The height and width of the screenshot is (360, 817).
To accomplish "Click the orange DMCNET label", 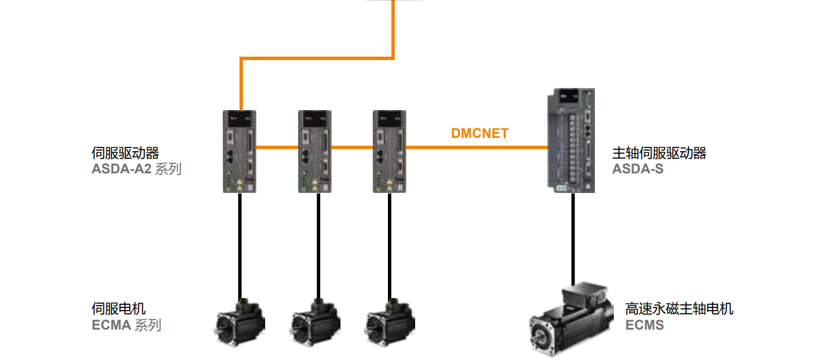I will tap(480, 133).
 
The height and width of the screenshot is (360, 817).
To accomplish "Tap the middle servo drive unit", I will tap(315, 152).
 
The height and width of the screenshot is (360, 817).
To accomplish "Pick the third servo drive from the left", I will tap(389, 152).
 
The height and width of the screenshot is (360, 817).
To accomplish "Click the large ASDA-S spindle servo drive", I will tap(572, 140).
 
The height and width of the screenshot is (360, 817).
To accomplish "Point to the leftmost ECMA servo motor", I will tap(240, 322).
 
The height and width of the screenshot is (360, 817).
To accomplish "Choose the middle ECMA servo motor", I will tap(315, 322).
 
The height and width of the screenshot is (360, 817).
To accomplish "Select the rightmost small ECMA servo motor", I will tap(389, 322).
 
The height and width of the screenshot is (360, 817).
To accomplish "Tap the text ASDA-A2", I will tap(121, 169).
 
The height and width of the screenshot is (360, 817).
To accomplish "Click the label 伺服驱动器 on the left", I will tap(125, 153).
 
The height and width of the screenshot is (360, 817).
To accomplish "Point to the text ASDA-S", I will tap(637, 169).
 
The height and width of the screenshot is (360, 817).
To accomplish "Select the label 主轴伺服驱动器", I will tap(659, 153).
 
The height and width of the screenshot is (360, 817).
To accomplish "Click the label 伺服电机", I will tap(118, 309).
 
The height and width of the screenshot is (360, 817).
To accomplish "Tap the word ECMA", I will tap(111, 325).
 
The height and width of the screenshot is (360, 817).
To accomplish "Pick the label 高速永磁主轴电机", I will tap(679, 309).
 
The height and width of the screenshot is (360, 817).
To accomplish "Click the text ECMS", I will tap(644, 325).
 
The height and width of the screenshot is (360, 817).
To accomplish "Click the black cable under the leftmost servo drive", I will tap(240, 247).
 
